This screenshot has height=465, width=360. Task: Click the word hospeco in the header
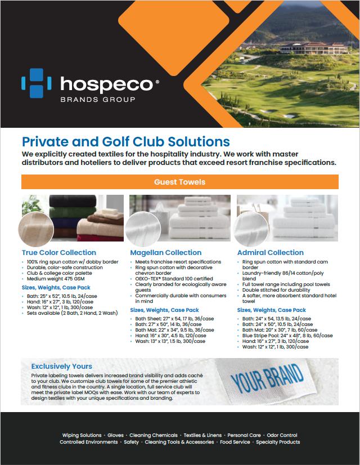click(x=106, y=84)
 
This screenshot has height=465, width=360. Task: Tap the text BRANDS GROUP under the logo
click(x=97, y=100)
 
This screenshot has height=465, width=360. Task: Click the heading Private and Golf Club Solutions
click(x=125, y=141)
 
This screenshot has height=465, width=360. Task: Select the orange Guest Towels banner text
click(x=179, y=182)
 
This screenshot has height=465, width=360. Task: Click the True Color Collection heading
click(x=59, y=253)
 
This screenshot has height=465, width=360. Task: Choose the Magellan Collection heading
click(x=166, y=253)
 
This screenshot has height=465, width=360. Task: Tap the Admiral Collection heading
click(x=271, y=253)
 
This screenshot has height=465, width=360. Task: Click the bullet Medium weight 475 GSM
click(x=54, y=279)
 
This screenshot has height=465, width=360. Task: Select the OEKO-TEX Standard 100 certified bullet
click(x=174, y=279)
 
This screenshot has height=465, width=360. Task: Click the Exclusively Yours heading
click(x=61, y=366)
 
